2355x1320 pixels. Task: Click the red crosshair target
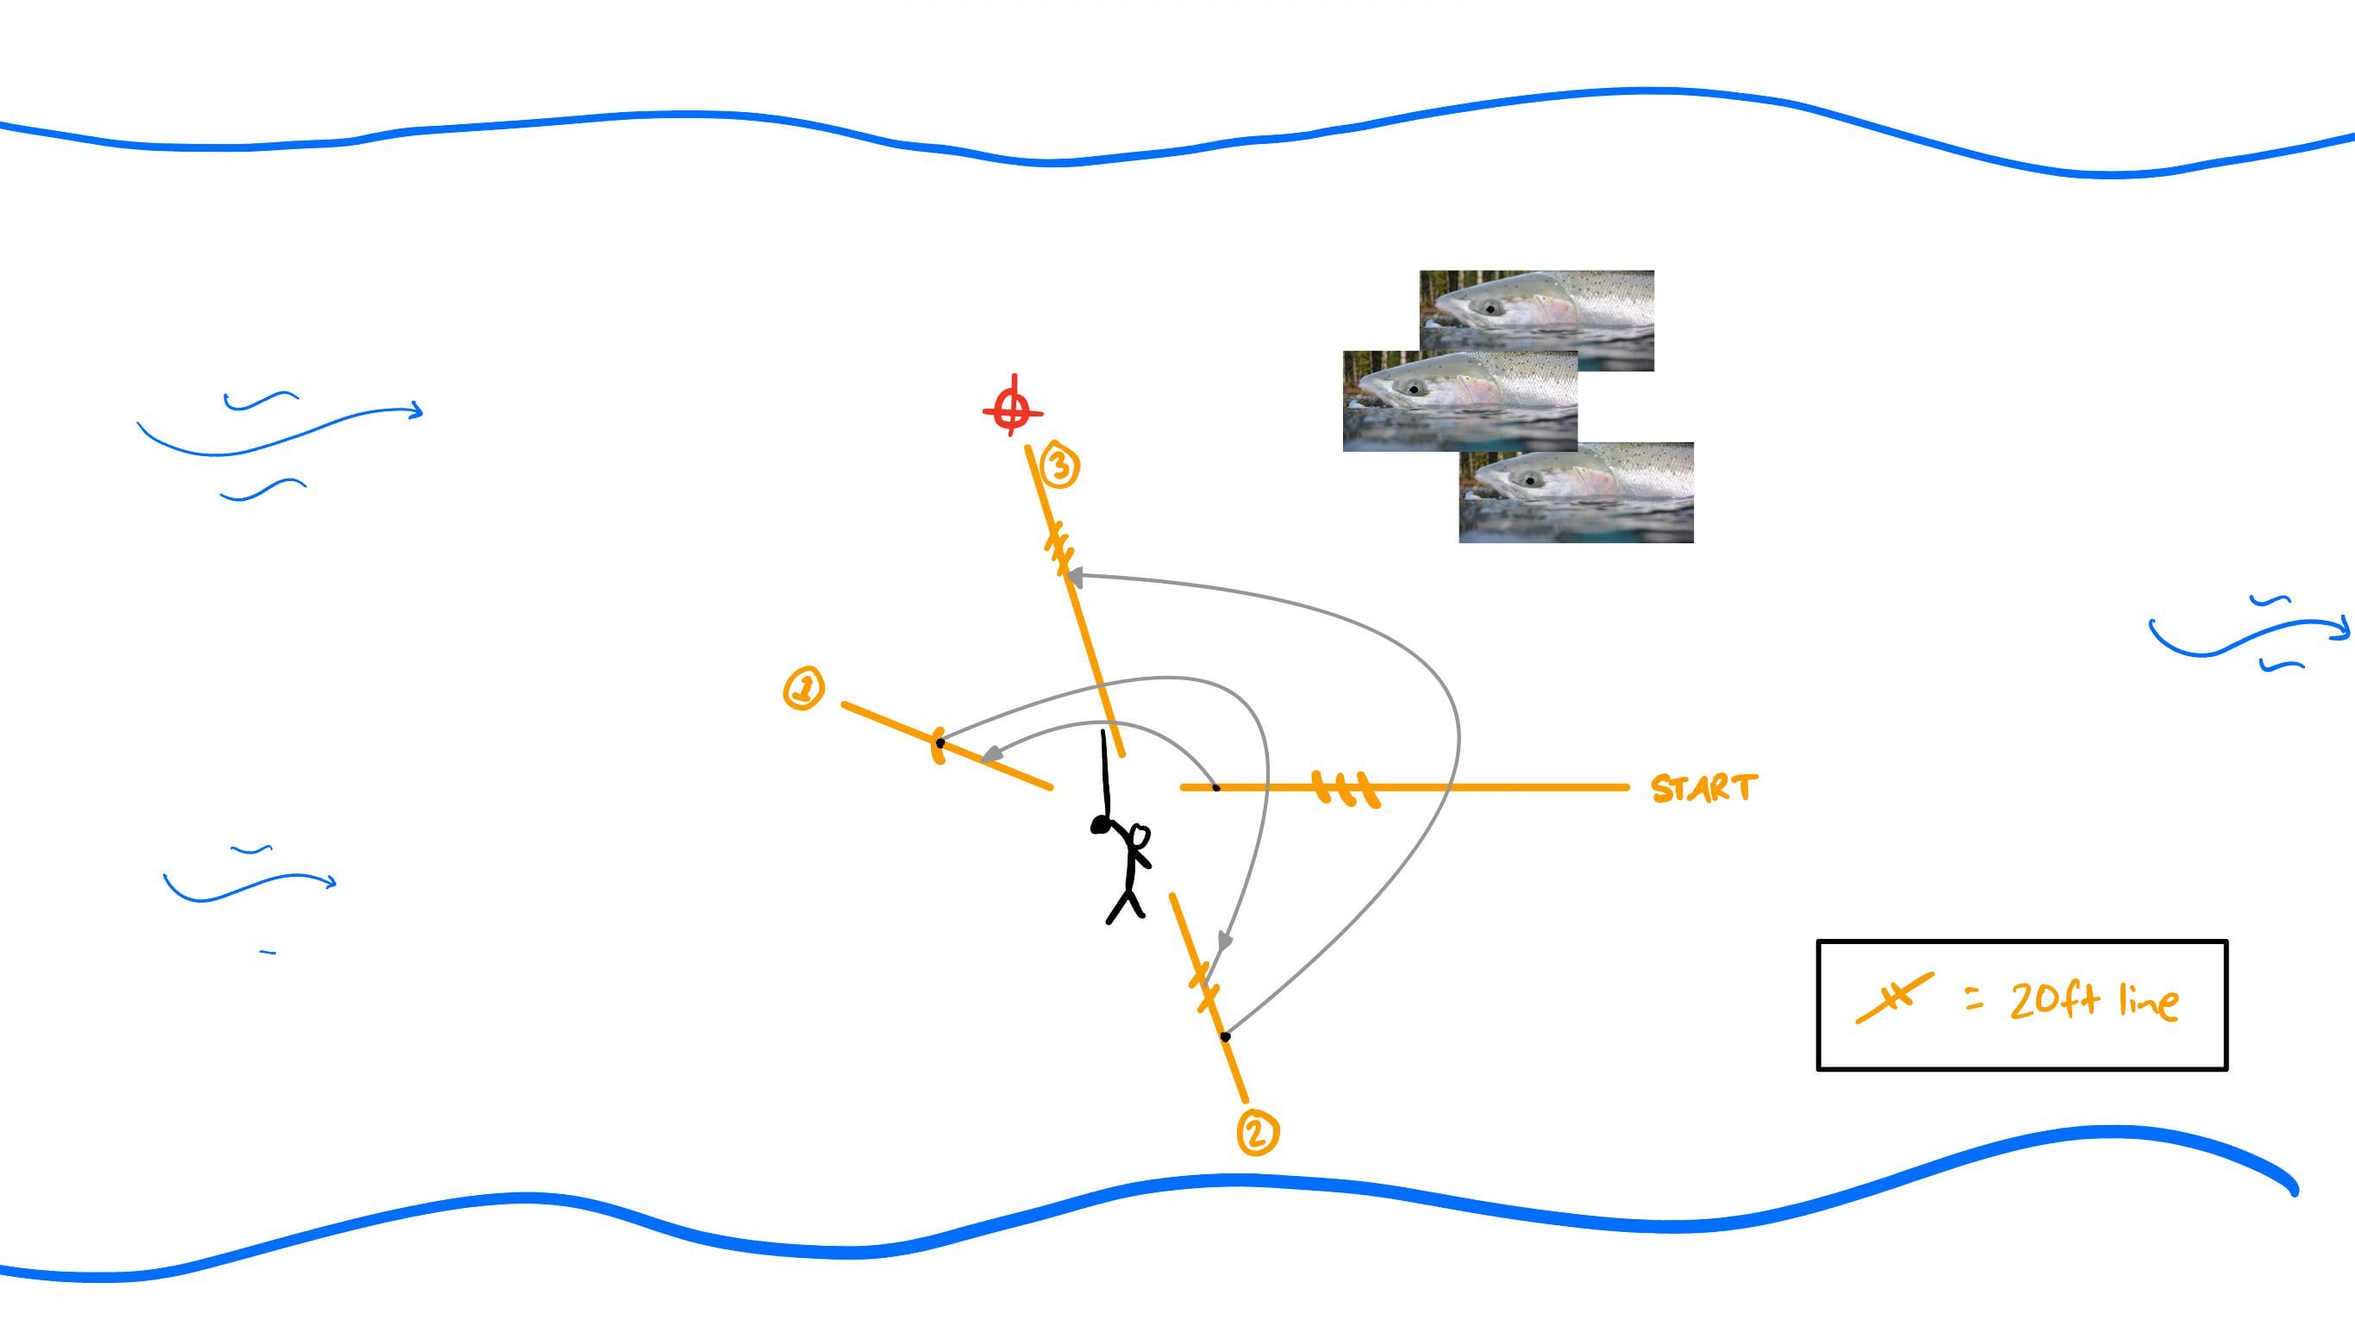pos(1012,409)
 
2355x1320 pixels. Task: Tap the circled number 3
pos(1059,467)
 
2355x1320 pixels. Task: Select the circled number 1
pos(803,688)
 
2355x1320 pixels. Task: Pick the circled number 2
pos(1257,1133)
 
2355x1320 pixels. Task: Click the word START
pos(1704,788)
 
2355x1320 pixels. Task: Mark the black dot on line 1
pos(940,743)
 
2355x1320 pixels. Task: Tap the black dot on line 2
pos(1226,1036)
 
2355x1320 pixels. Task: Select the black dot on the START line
pos(1216,787)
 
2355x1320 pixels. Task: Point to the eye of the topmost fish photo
pos(1491,308)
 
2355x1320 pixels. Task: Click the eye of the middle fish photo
pos(1414,389)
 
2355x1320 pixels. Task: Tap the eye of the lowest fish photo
pos(1528,480)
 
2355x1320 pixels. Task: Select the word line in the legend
pos(2148,1003)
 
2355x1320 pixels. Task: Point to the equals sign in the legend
pos(1975,1002)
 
